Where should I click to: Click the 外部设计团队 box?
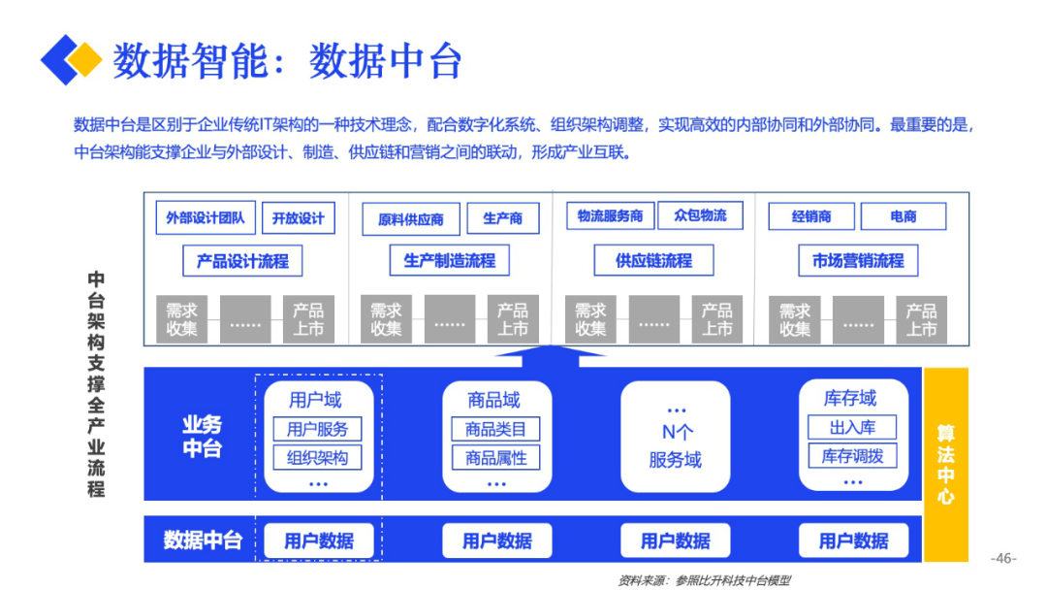tap(206, 217)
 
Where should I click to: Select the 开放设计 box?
tap(299, 217)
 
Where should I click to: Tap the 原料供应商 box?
tap(411, 219)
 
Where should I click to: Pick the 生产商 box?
tap(503, 217)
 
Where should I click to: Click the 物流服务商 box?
tap(611, 215)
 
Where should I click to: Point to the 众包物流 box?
tap(701, 215)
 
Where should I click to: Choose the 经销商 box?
tap(811, 216)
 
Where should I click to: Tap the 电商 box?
tap(904, 216)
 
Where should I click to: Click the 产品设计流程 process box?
tap(242, 261)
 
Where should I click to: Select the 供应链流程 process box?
tap(653, 260)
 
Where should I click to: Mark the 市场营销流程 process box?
tap(858, 260)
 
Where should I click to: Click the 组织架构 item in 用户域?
tap(318, 458)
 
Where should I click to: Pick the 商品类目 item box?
tap(496, 429)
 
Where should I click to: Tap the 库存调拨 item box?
tap(853, 456)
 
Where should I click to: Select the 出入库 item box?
tap(853, 427)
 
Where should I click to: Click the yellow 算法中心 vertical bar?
tap(945, 465)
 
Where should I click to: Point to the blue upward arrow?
tap(551, 356)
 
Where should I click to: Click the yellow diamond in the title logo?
tap(84, 59)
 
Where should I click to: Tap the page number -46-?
tap(1003, 559)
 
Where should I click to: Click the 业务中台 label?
tap(203, 437)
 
